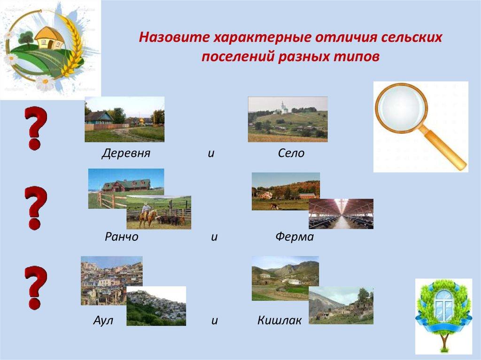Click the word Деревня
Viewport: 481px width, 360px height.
pyautogui.click(x=126, y=153)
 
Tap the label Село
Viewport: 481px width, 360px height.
pyautogui.click(x=291, y=153)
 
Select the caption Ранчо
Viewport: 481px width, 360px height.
pyautogui.click(x=122, y=237)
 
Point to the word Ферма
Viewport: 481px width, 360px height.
pyautogui.click(x=295, y=237)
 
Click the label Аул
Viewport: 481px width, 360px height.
pyautogui.click(x=103, y=321)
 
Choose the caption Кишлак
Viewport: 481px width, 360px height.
pyautogui.click(x=279, y=321)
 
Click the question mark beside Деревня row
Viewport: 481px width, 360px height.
pyautogui.click(x=36, y=128)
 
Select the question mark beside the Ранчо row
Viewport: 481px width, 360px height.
pyautogui.click(x=36, y=208)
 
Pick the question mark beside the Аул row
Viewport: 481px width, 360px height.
pyautogui.click(x=36, y=288)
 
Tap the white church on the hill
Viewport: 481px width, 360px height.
pyautogui.click(x=282, y=107)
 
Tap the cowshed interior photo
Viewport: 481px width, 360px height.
pyautogui.click(x=341, y=214)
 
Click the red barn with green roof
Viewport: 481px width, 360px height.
pyautogui.click(x=126, y=185)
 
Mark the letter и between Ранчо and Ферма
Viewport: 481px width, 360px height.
pyautogui.click(x=214, y=237)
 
